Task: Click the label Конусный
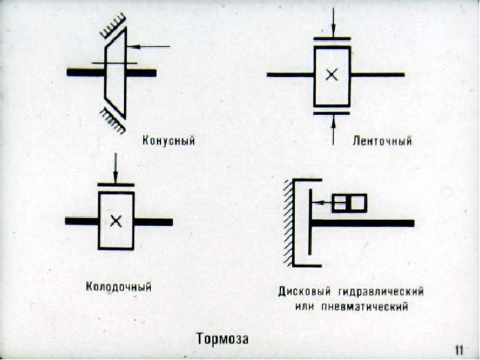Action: coord(169,141)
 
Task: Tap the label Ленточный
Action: coord(382,141)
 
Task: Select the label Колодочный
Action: coord(119,287)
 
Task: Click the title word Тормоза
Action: coord(222,339)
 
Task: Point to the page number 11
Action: coord(460,350)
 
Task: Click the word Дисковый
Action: coord(305,291)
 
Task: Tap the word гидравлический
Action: coord(381,292)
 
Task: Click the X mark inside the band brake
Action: coord(332,74)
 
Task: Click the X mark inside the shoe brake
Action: coord(116,221)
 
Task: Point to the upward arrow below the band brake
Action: coord(334,130)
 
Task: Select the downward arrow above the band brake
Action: coord(334,22)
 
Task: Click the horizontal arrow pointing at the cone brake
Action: coord(148,47)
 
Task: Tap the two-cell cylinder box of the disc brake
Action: coord(349,203)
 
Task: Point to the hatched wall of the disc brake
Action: coord(288,223)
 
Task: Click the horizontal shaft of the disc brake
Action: coord(362,223)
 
